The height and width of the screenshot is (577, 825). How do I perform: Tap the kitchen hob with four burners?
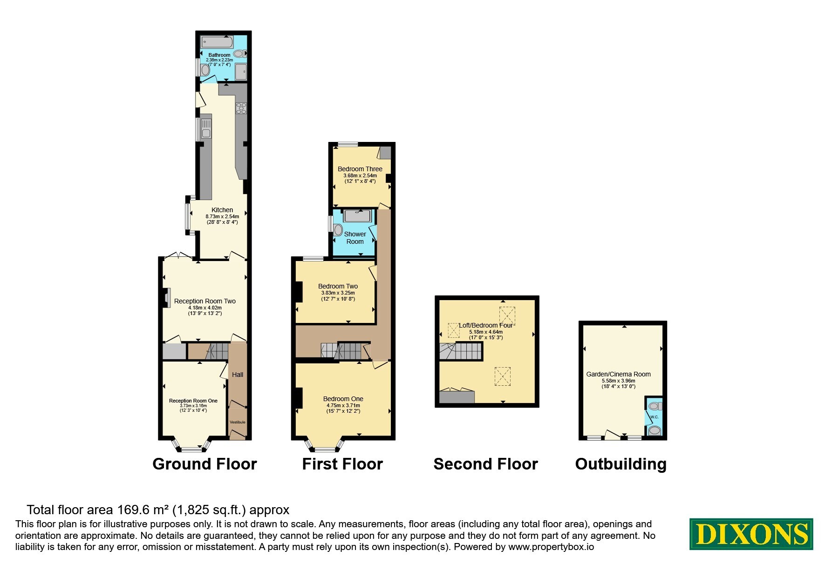pos(241,108)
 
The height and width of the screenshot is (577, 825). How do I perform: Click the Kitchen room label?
pos(222,210)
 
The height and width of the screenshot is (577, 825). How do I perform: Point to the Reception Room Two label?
pos(205,301)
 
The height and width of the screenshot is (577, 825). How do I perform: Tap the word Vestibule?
pos(238,422)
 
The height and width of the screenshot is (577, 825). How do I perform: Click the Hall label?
pos(238,375)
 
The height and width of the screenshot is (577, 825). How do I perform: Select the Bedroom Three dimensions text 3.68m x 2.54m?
pos(360,175)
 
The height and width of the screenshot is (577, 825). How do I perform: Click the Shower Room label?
pos(355,238)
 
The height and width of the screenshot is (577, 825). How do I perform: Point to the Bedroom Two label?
pos(338,286)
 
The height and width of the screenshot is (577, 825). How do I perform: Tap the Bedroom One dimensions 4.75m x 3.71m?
pos(343,405)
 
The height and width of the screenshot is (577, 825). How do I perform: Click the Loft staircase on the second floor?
pos(461,351)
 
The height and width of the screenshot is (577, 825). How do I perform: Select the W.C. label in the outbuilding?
pos(654,417)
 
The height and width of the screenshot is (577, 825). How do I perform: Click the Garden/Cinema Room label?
pos(619,374)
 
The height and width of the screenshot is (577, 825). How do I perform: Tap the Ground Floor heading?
pos(205,464)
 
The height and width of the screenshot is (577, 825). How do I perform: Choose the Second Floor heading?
pos(485,464)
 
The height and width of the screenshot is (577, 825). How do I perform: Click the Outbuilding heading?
pos(621,464)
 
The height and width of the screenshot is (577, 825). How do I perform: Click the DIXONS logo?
pos(751,534)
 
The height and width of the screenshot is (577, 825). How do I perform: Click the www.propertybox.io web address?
pos(551,547)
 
